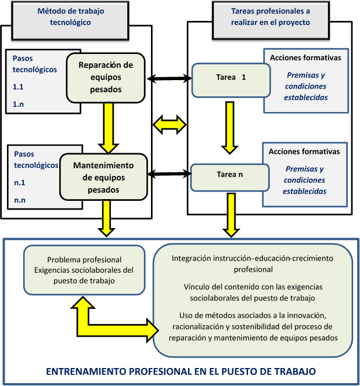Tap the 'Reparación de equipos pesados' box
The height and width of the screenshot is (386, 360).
pyautogui.click(x=106, y=77)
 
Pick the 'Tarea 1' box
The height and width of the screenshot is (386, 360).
pyautogui.click(x=231, y=80)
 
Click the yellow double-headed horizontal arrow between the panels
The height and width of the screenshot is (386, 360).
pyautogui.click(x=169, y=124)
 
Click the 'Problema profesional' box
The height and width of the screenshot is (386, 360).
pyautogui.click(x=84, y=269)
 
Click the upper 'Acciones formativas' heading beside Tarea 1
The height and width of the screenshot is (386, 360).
pyautogui.click(x=305, y=58)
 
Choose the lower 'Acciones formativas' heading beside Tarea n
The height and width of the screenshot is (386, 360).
pyautogui.click(x=304, y=151)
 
